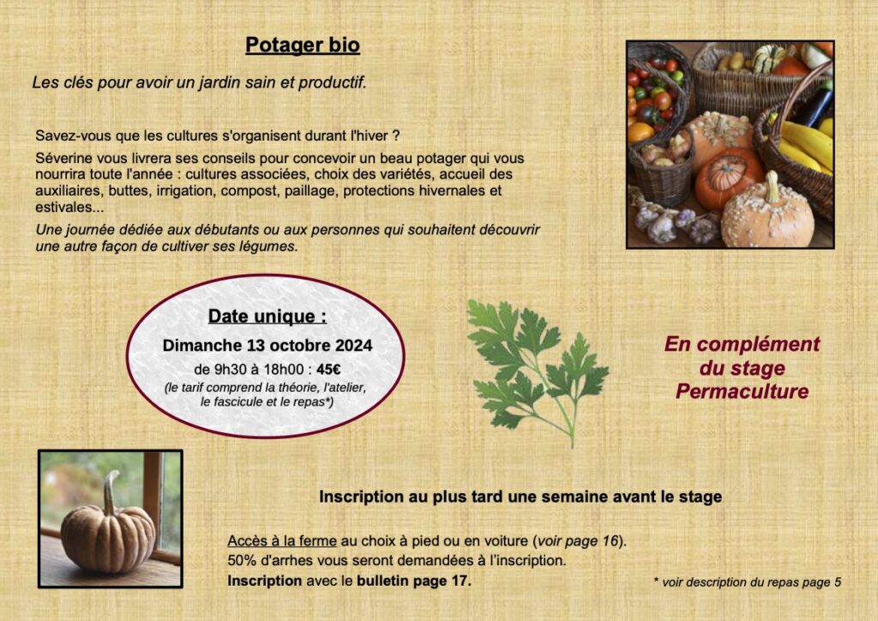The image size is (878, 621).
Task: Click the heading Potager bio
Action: (x=303, y=45)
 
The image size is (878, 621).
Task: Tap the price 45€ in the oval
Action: (x=328, y=370)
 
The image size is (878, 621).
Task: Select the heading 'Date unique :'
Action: (x=268, y=317)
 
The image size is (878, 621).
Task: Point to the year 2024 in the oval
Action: (x=354, y=346)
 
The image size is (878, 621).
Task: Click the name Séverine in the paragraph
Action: (x=61, y=159)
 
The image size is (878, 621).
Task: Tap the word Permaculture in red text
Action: (x=742, y=391)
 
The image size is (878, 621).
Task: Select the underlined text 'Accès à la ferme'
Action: (x=282, y=541)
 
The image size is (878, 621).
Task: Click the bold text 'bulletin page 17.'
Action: (x=414, y=581)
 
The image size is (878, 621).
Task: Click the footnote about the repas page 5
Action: (x=747, y=582)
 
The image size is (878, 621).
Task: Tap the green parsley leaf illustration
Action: (x=537, y=370)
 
